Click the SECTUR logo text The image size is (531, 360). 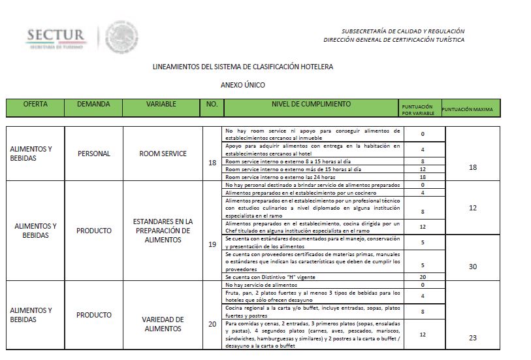(56, 36)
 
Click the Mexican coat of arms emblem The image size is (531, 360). (121, 37)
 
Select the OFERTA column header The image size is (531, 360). (35, 105)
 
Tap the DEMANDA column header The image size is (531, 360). (93, 105)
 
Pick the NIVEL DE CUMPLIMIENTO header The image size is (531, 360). (311, 105)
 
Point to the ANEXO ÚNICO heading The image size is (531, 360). (242, 85)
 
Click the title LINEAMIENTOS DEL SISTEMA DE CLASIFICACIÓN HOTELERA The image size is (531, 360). (242, 67)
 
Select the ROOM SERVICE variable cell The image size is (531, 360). (163, 154)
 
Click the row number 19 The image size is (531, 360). (212, 244)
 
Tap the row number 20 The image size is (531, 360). (212, 324)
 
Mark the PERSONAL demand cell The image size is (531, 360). (93, 154)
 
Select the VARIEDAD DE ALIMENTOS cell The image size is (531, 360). (163, 324)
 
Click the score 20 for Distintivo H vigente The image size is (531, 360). (423, 277)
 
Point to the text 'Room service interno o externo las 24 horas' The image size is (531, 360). (280, 177)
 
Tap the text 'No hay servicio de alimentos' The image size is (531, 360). (261, 285)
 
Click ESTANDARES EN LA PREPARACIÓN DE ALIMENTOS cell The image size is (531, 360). (163, 231)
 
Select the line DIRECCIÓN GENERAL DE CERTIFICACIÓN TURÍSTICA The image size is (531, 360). (394, 40)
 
